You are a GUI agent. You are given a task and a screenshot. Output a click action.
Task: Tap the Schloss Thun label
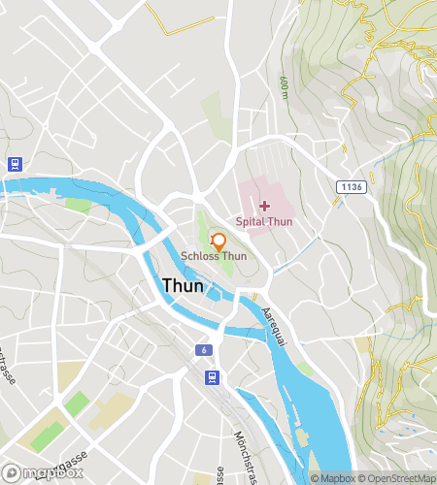(214, 256)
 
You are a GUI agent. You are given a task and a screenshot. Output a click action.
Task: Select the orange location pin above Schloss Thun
(218, 241)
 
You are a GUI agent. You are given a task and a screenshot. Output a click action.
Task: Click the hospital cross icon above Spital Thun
(265, 206)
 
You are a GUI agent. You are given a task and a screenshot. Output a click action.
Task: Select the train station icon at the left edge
(14, 164)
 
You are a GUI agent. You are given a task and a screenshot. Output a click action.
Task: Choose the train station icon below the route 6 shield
(211, 376)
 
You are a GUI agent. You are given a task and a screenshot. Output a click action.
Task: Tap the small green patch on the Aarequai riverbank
(306, 369)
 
